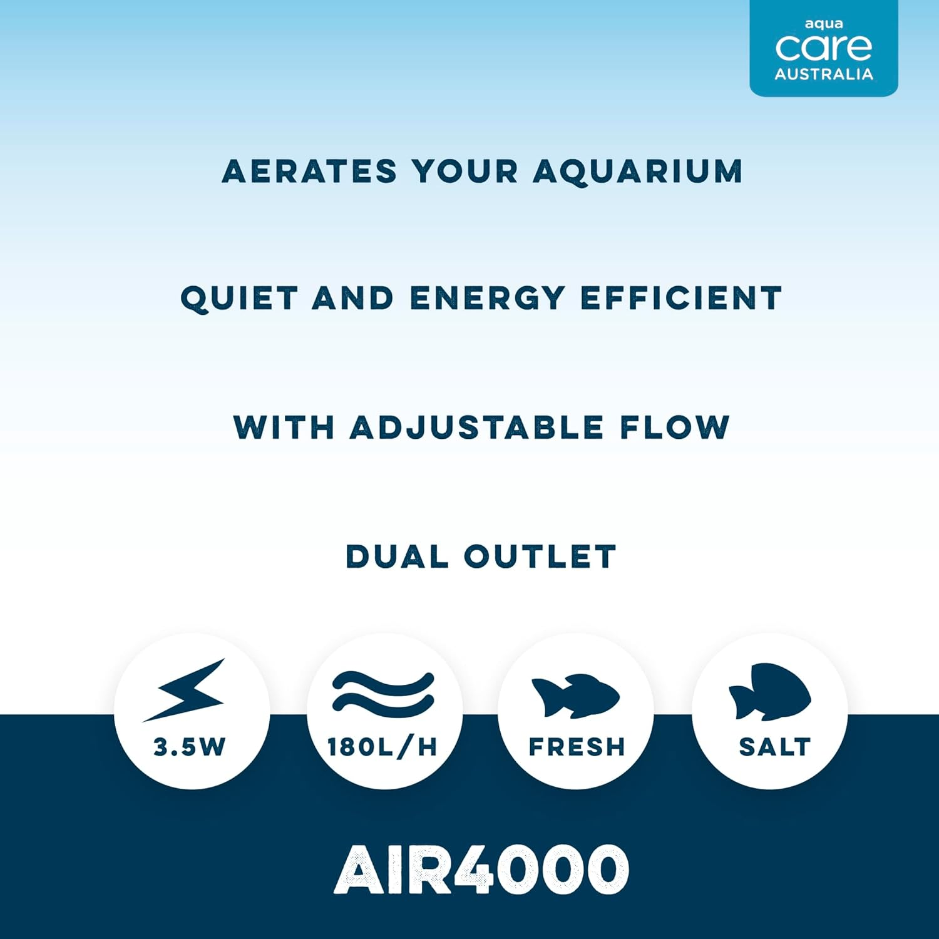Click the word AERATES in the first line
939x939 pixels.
point(309,172)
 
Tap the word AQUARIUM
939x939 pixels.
point(638,172)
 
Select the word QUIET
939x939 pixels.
point(239,299)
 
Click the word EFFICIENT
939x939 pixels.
point(682,299)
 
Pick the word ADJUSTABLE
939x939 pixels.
point(476,428)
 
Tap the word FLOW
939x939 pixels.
point(675,428)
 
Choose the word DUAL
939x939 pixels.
point(397,557)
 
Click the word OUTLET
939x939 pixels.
point(540,557)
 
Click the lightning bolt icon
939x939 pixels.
point(185,690)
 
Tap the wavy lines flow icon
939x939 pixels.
point(383,692)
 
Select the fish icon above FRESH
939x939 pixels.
point(575,695)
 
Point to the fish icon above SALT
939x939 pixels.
point(770,691)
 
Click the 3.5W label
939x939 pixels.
point(189,747)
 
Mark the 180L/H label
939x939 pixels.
point(382,747)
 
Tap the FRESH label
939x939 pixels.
point(577,747)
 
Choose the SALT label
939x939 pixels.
point(775,747)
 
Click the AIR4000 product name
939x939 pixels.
point(481,870)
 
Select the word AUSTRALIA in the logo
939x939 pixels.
point(824,74)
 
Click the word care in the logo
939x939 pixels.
point(823,48)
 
